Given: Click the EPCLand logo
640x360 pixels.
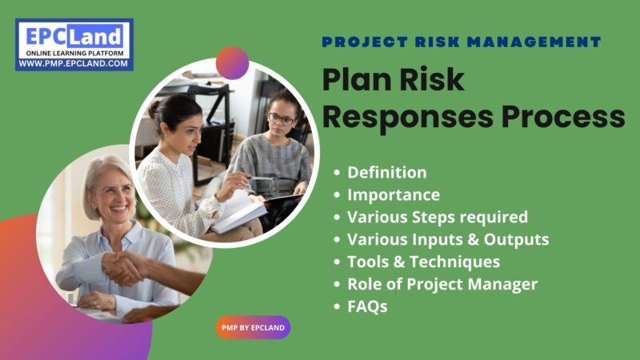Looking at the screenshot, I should [x=74, y=38].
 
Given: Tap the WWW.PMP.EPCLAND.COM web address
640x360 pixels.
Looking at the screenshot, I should [x=74, y=63].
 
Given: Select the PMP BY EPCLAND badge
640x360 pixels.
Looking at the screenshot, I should [x=253, y=327].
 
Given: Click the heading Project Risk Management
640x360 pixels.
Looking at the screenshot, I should [x=462, y=42].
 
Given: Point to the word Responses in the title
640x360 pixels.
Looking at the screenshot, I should [x=408, y=117].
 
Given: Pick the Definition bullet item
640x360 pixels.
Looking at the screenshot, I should [x=386, y=172].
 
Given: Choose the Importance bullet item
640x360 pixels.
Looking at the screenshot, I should [x=393, y=194].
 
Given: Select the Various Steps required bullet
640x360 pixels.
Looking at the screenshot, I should [x=437, y=217].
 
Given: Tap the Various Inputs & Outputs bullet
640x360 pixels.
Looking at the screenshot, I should [x=448, y=239].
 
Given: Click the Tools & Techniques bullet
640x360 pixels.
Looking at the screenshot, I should [x=423, y=262].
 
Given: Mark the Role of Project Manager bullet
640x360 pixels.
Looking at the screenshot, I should [x=442, y=284].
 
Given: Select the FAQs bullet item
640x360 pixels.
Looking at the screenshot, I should [x=367, y=306].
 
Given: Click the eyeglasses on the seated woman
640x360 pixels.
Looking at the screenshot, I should [x=281, y=119].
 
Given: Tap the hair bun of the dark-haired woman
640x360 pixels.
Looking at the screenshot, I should [x=154, y=108].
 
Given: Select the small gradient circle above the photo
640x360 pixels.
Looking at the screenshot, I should [x=232, y=62].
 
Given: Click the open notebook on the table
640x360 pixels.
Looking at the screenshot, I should [x=240, y=213].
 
